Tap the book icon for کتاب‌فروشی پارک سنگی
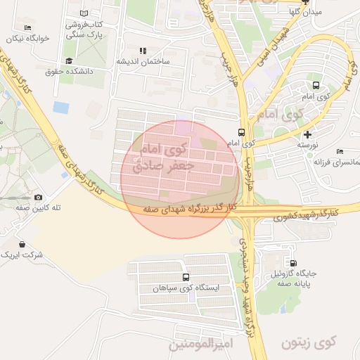tap(84, 13)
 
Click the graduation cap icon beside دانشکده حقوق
tap(68, 60)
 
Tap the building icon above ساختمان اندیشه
tap(143, 51)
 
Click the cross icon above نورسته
tap(307, 134)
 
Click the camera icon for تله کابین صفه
tap(38, 198)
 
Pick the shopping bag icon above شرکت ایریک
tap(22, 244)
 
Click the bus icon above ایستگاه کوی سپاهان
tap(186, 277)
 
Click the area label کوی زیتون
tap(309, 342)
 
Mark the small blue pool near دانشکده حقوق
tap(61, 108)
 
